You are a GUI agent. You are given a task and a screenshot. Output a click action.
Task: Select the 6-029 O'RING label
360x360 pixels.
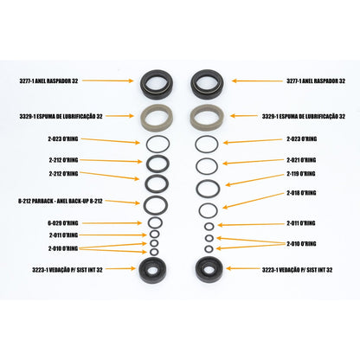tap(63, 223)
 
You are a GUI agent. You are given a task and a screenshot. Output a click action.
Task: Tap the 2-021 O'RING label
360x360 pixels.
tap(301, 160)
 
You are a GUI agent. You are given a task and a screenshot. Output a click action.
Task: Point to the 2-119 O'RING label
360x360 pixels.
tap(301, 174)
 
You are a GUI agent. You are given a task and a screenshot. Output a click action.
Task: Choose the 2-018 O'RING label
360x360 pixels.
tap(301, 193)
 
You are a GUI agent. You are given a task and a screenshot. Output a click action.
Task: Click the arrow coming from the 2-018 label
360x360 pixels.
tap(253, 200)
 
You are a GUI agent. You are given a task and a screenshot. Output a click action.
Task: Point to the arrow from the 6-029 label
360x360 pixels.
tap(112, 223)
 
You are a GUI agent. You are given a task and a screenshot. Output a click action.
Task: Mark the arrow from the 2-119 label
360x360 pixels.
tap(254, 179)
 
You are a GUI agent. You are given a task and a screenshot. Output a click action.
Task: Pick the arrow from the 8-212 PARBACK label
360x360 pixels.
tap(121, 202)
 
